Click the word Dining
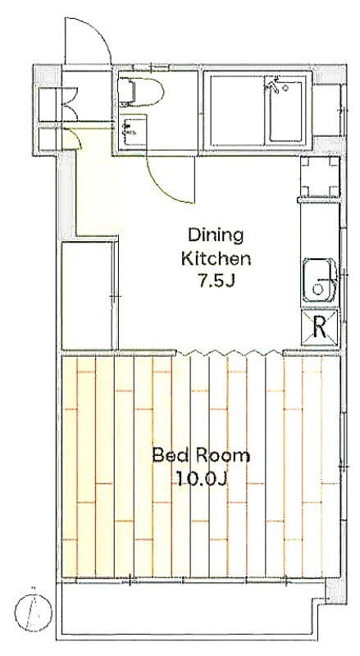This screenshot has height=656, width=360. tap(216, 236)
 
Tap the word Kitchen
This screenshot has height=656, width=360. tap(216, 258)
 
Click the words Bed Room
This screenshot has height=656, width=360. tap(201, 455)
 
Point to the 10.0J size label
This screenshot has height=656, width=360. tap(202, 478)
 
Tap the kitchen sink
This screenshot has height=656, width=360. tap(320, 280)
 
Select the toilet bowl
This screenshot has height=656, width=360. tap(141, 90)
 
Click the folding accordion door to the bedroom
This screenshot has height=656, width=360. tap(228, 353)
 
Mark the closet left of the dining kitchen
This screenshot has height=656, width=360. tap(89, 295)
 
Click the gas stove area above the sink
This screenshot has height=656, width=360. tap(321, 176)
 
